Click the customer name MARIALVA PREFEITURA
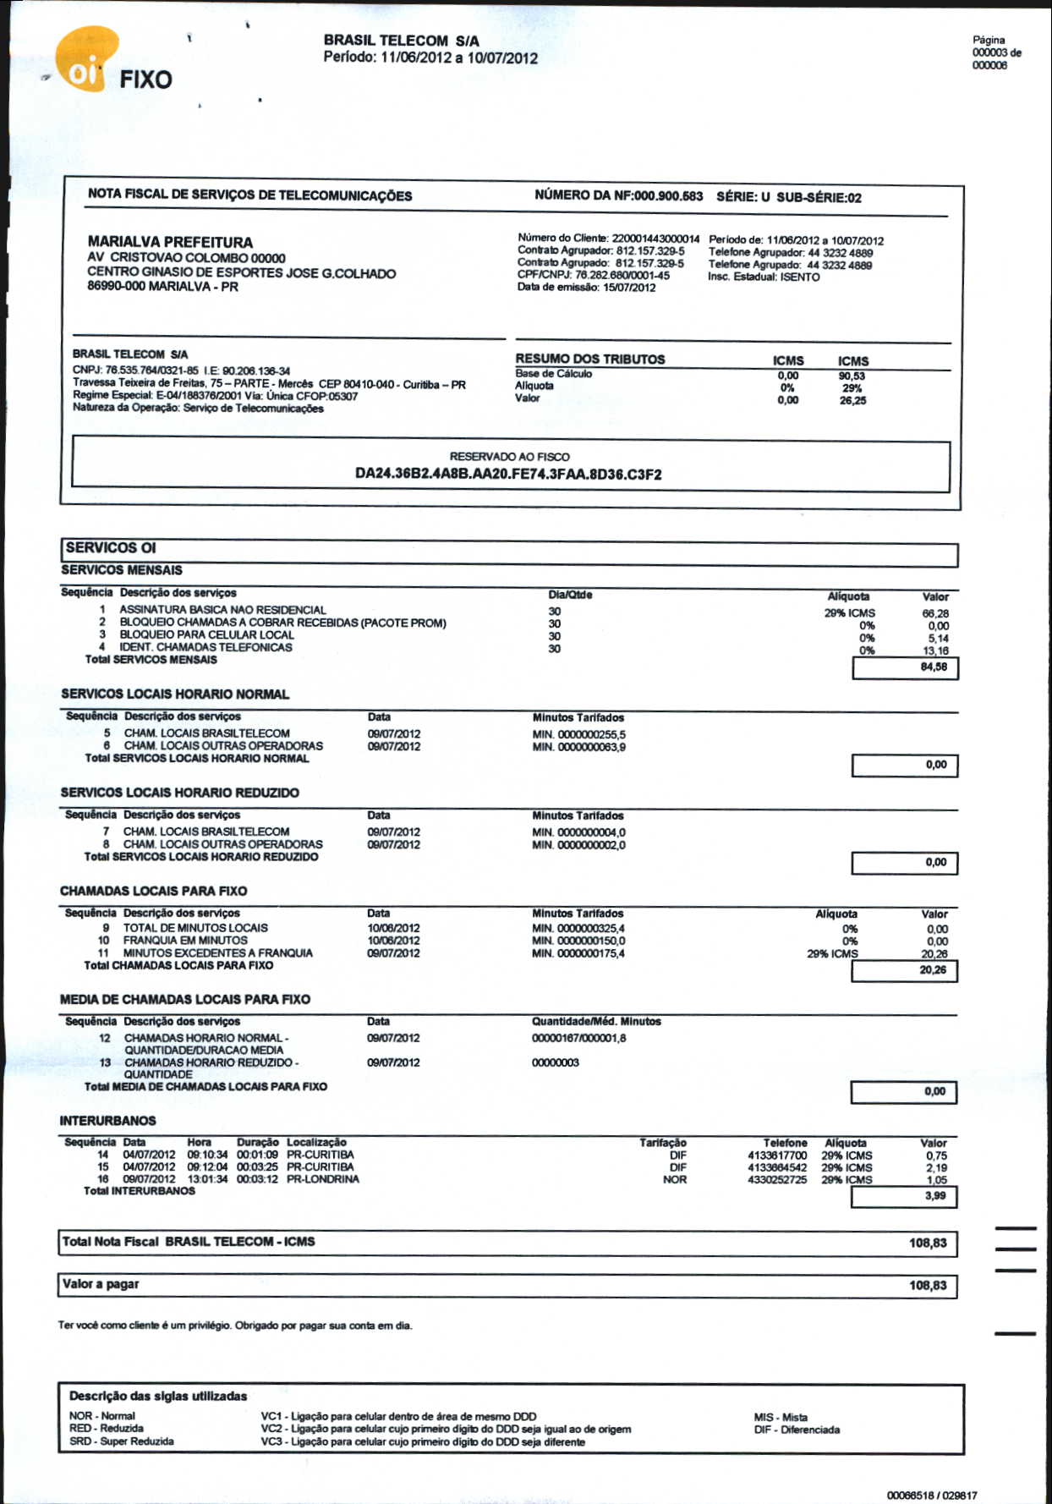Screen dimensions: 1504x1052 point(170,242)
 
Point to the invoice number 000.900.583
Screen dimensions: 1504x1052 point(668,196)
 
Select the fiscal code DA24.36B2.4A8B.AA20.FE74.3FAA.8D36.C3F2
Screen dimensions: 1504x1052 point(508,474)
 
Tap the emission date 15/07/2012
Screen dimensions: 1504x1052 point(629,288)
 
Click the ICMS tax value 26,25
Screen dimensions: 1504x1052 point(852,401)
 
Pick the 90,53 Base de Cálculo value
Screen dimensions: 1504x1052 point(852,376)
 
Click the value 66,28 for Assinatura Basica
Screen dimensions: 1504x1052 point(935,613)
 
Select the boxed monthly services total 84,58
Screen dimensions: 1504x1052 point(933,667)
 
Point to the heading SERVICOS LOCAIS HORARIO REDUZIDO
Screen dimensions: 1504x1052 point(180,793)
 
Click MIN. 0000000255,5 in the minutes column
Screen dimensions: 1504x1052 point(579,735)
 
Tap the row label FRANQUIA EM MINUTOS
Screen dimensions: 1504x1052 point(185,940)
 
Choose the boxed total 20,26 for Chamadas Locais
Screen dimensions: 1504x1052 point(933,970)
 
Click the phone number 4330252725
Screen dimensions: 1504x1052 point(777,1179)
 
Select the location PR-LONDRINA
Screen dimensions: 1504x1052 point(323,1178)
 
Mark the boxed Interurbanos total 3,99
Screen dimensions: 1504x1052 point(934,1195)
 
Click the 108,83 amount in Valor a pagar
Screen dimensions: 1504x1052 point(928,1286)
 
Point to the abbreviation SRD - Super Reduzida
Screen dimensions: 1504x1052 point(122,1441)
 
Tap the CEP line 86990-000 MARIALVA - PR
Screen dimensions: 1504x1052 point(162,287)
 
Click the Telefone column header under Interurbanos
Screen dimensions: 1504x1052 point(785,1143)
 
